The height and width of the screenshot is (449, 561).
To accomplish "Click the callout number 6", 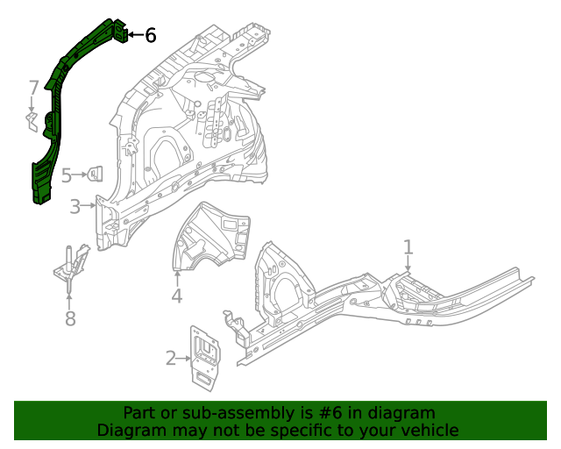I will [150, 35].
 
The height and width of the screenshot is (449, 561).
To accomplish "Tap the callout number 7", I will [33, 88].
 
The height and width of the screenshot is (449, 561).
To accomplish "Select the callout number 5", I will [67, 175].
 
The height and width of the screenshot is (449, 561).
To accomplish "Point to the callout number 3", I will [75, 207].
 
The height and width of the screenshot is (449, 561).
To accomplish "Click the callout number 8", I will [70, 318].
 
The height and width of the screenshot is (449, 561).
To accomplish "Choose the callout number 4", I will [177, 296].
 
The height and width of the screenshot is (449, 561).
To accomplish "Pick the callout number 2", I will [171, 357].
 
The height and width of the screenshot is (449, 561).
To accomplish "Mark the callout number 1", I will [408, 246].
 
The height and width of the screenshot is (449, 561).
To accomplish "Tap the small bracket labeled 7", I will [32, 122].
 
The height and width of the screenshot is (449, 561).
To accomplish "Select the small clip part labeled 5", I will [97, 174].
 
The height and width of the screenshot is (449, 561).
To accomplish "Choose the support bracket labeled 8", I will [73, 267].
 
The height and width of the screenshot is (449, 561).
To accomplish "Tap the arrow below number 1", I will [408, 266].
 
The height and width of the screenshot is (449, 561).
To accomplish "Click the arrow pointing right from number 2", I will [185, 357].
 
